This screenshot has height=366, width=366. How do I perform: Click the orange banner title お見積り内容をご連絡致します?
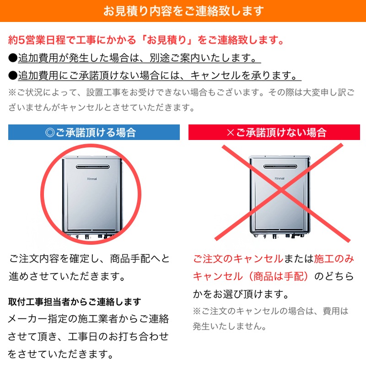point(183,11)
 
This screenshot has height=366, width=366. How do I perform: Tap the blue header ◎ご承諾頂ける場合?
point(94,132)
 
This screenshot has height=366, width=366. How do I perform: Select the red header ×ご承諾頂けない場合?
point(274,132)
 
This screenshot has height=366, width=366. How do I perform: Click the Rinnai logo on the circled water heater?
point(92,179)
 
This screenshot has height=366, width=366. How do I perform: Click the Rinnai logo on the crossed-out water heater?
point(280,178)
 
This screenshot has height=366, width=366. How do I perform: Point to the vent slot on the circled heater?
point(93,167)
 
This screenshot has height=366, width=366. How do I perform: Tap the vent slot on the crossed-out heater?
point(280,166)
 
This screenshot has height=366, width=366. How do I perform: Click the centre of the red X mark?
point(282,192)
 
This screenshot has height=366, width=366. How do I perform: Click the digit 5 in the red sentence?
point(21,40)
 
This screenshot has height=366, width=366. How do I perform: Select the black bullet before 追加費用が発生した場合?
point(13,58)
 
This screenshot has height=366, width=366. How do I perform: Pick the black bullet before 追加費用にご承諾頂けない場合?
point(13,75)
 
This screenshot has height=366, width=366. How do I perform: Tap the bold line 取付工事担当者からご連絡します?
point(75,302)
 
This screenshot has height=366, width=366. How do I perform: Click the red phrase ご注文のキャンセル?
point(238,259)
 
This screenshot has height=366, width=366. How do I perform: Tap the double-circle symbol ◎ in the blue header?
point(50,132)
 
